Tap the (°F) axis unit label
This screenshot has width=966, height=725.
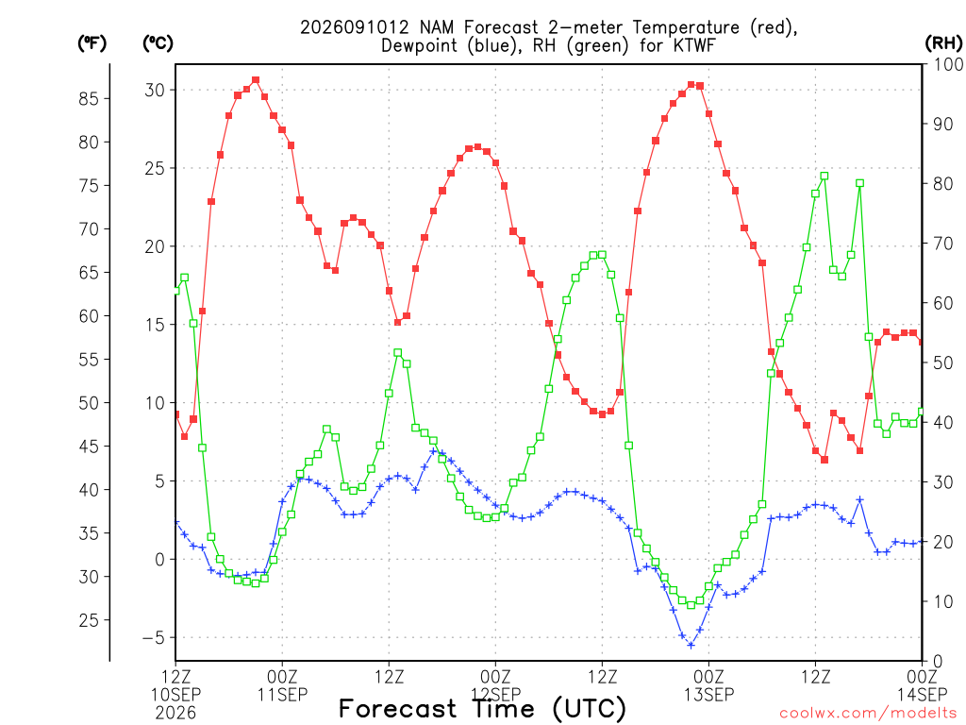click(x=92, y=43)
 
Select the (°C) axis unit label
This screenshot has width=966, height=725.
click(x=158, y=43)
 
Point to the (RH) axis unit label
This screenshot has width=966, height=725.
click(x=943, y=43)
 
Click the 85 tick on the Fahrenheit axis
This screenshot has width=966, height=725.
click(x=89, y=98)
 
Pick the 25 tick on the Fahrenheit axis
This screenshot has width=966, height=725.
click(x=89, y=620)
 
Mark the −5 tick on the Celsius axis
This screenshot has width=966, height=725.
click(x=154, y=637)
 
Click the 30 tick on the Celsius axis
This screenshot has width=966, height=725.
click(x=155, y=90)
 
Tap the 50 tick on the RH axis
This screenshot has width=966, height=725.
click(x=943, y=362)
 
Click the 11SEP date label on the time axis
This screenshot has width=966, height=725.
click(x=282, y=695)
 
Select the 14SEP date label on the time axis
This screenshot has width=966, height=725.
click(x=923, y=695)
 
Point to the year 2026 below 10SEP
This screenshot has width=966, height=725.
click(x=175, y=714)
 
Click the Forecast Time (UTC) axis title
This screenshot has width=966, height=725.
click(x=482, y=709)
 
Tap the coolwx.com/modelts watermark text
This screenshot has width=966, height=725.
click(x=868, y=714)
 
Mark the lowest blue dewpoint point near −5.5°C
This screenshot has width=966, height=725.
click(x=691, y=646)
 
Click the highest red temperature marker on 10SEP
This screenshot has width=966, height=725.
click(x=256, y=80)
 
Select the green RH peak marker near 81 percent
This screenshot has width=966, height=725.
click(x=824, y=177)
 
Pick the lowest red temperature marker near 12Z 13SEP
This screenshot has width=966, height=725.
click(x=824, y=460)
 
